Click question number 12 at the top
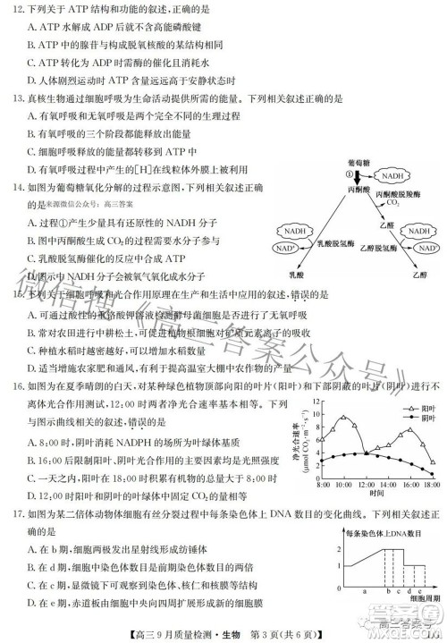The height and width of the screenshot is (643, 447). click(x=19, y=8)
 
